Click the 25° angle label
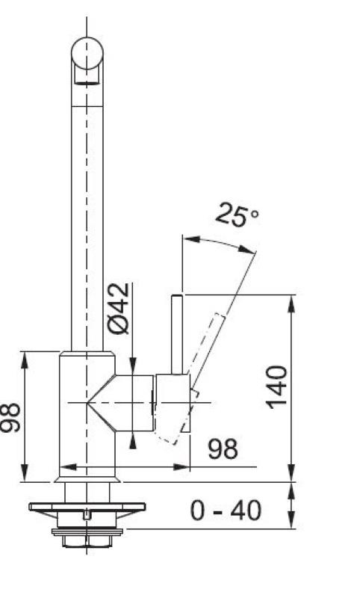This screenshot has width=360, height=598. [x=237, y=215]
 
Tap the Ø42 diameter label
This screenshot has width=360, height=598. [x=119, y=309]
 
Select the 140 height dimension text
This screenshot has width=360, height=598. [x=276, y=387]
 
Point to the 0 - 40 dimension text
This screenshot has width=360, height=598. [x=226, y=511]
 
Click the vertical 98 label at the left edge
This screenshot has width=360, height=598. [x=10, y=417]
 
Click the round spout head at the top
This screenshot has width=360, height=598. [x=87, y=53]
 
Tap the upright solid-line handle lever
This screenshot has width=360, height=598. [x=178, y=334]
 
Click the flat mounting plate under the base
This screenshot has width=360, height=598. [x=87, y=507]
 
